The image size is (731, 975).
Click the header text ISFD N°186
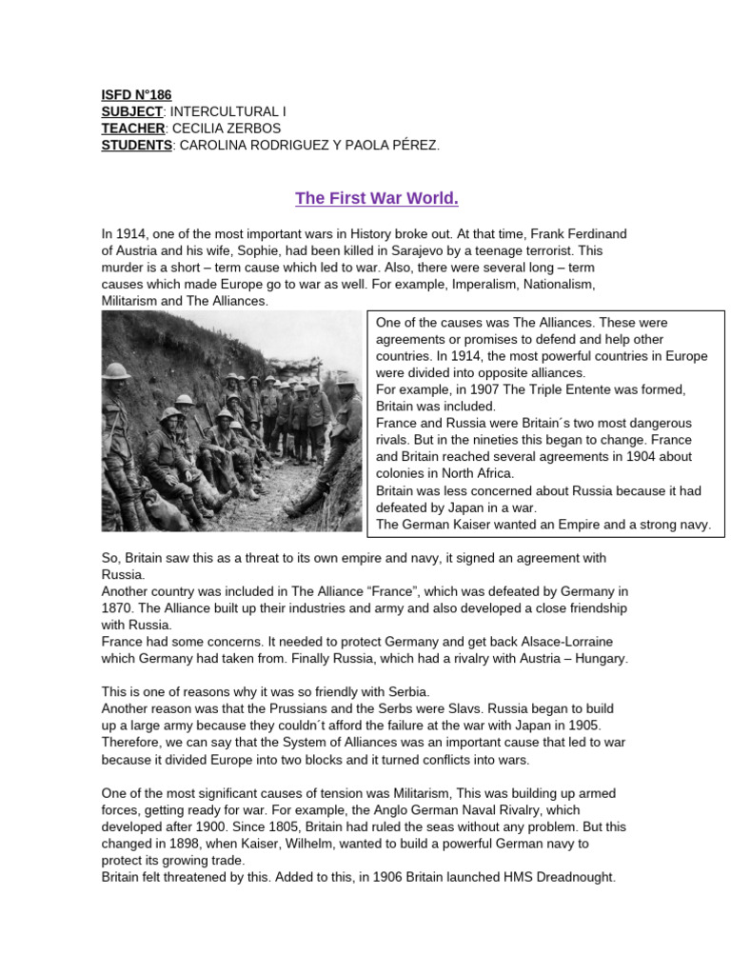pyautogui.click(x=136, y=95)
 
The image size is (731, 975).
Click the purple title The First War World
pyautogui.click(x=364, y=198)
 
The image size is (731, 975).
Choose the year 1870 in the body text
pyautogui.click(x=118, y=607)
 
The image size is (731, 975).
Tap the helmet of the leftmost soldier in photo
pyautogui.click(x=117, y=371)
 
